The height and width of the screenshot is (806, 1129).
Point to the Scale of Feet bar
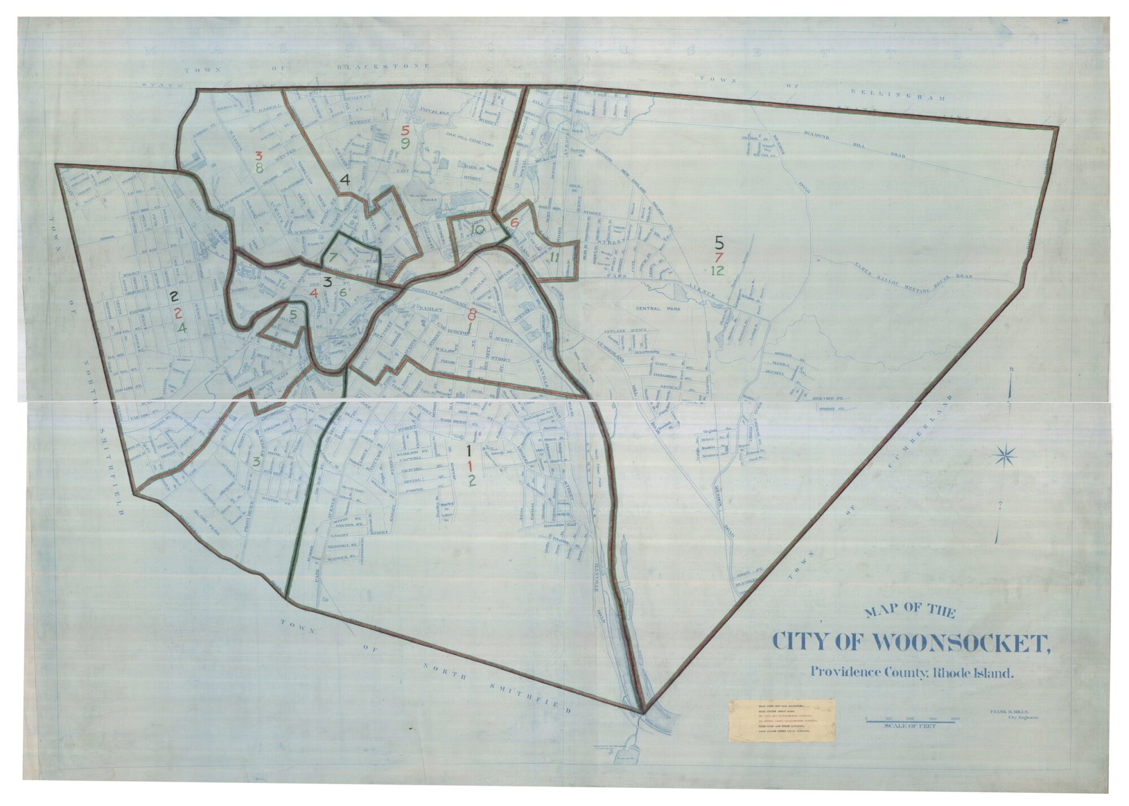(x=910, y=720)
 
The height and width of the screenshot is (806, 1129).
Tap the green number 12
(x=717, y=270)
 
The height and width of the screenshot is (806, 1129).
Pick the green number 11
(x=554, y=258)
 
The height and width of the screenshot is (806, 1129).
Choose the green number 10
(x=478, y=229)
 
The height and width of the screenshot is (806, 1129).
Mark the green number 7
(x=333, y=257)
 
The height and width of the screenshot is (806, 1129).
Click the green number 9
(x=405, y=143)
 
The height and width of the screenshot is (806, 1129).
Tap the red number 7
(x=718, y=257)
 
